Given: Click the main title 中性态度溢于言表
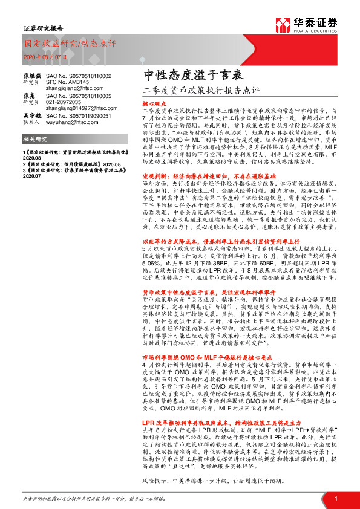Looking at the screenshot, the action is (185, 76).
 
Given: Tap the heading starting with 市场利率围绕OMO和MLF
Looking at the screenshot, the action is (200, 357).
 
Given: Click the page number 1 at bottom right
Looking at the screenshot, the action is (335, 498).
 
